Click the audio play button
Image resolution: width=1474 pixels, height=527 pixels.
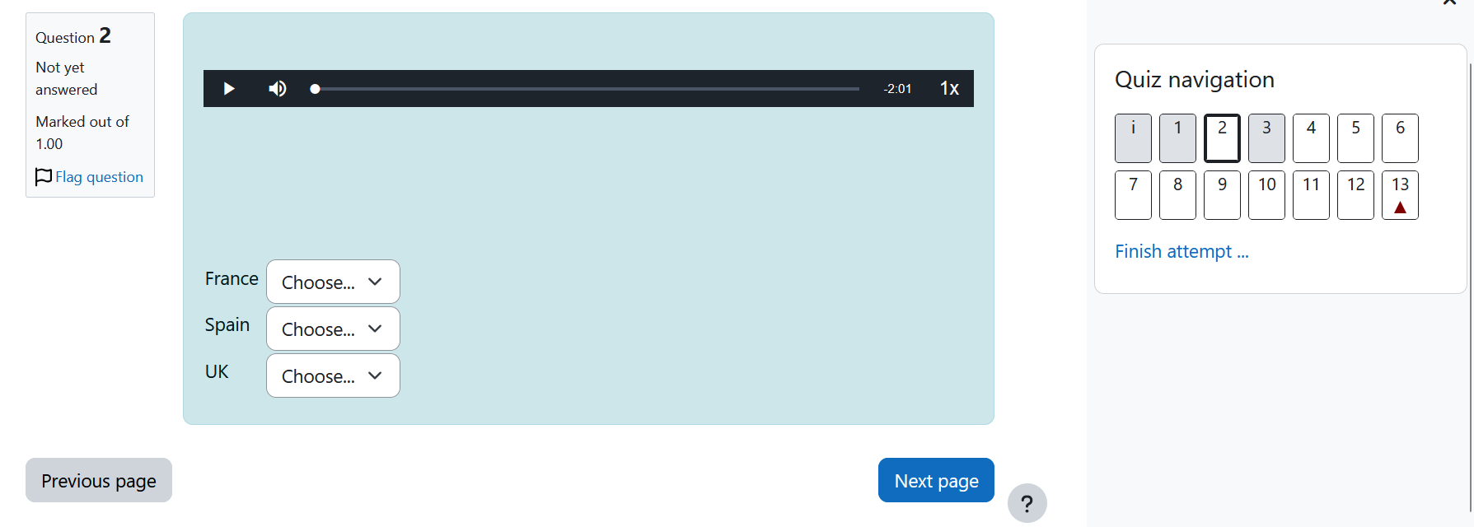pos(229,88)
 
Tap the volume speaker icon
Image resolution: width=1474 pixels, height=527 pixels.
pos(278,88)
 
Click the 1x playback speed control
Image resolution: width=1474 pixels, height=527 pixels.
pos(949,88)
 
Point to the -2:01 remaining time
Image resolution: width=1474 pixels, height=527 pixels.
pos(897,89)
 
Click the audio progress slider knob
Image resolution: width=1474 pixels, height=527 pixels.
pos(315,89)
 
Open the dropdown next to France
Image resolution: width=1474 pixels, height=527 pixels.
pos(333,282)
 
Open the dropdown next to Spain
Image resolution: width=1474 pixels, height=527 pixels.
pos(333,329)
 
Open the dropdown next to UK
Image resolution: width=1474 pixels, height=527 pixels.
pos(333,375)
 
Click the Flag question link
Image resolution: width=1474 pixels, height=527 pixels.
pos(89,177)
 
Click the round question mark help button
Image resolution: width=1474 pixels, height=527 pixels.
pos(1027,503)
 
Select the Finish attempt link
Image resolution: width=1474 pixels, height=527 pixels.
pos(1182,251)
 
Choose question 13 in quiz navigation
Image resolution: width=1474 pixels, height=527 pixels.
pos(1400,195)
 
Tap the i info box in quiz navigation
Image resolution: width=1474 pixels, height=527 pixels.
pos(1133,138)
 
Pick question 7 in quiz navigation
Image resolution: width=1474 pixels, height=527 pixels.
pos(1133,195)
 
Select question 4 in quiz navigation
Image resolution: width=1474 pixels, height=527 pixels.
pos(1311,138)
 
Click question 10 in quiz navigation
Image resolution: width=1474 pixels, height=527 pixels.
pos(1266,195)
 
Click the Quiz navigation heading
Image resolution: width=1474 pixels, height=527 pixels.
pos(1194,80)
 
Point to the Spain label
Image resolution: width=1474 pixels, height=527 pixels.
pos(227,325)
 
